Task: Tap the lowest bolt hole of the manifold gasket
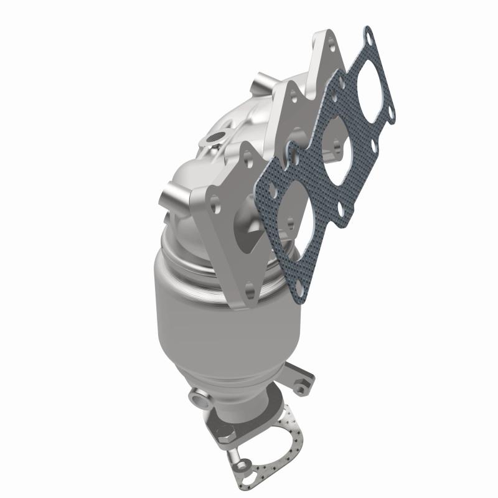(x=300, y=286)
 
